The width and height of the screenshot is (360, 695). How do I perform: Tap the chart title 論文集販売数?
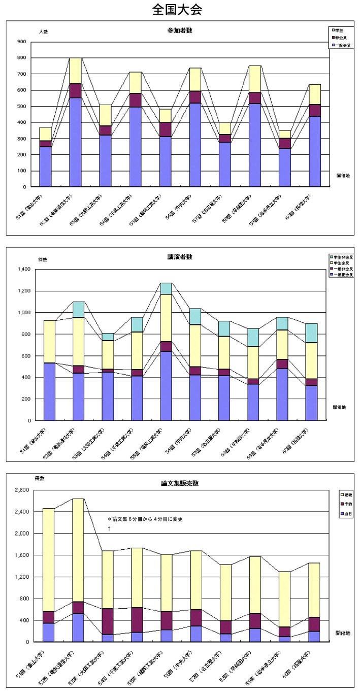point(179,483)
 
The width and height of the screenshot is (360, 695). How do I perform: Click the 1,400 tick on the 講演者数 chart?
point(23,269)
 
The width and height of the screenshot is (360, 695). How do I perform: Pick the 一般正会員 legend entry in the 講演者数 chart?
point(343,274)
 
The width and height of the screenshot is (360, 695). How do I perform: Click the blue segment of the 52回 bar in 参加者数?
point(75,142)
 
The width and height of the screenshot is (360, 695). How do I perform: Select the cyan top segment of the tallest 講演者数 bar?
point(166,288)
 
